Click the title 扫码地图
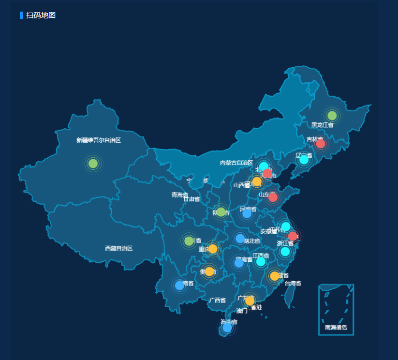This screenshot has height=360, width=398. click(x=41, y=15)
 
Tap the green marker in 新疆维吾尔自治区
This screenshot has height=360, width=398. click(x=93, y=164)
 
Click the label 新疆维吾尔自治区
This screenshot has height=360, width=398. click(x=99, y=140)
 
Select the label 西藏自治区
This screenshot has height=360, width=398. click(x=118, y=248)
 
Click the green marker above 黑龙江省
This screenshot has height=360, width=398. click(x=332, y=115)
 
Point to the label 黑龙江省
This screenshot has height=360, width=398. click(x=322, y=125)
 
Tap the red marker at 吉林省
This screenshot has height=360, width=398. click(x=320, y=144)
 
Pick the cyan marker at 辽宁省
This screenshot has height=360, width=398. click(x=304, y=160)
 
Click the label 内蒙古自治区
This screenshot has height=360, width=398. click(x=236, y=163)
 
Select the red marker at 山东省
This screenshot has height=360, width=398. click(x=273, y=197)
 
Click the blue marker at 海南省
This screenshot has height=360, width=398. click(x=227, y=328)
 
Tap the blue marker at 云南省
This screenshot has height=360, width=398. click(x=179, y=285)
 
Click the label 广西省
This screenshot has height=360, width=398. click(x=217, y=300)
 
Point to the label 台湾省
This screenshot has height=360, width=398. click(x=293, y=283)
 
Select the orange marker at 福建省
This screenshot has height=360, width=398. click(x=275, y=276)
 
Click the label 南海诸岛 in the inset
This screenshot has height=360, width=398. click(x=336, y=327)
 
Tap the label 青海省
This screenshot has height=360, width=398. click(x=180, y=195)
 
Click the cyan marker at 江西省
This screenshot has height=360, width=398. click(x=261, y=262)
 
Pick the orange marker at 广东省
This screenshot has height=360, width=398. click(x=250, y=300)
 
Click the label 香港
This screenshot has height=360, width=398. click(x=256, y=307)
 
